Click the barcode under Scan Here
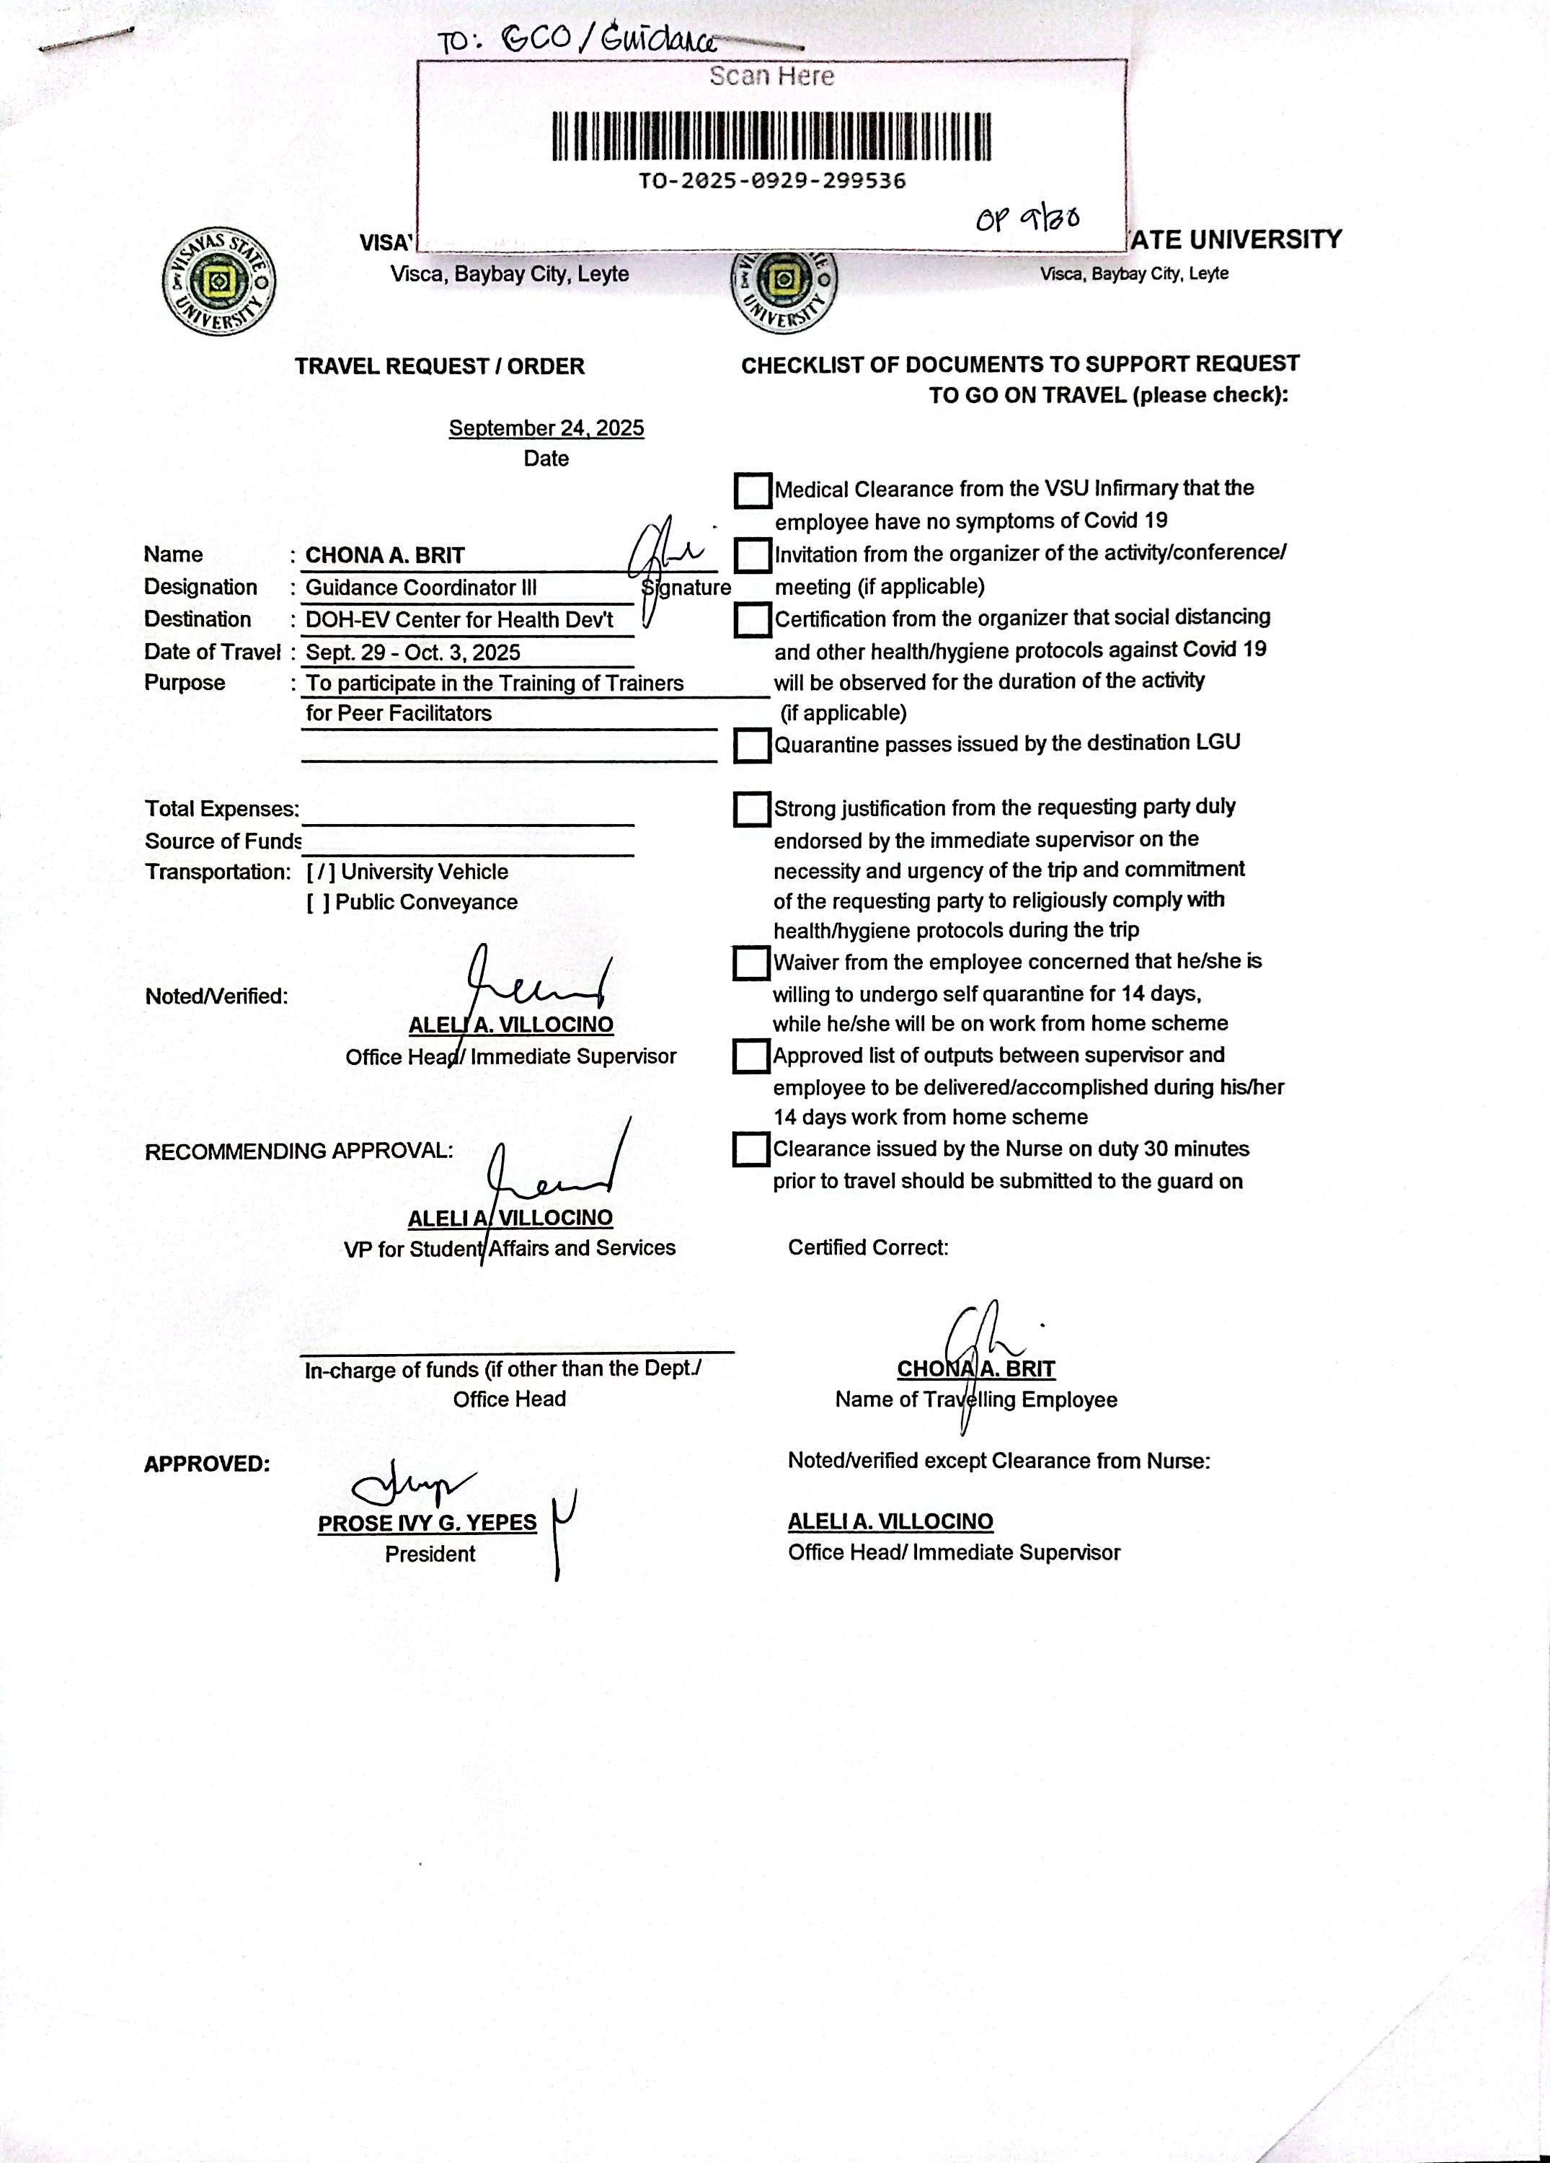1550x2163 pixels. click(x=771, y=136)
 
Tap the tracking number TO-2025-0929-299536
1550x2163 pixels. click(x=771, y=181)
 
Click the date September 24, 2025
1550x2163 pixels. click(x=546, y=428)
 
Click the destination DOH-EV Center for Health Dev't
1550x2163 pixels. click(x=459, y=620)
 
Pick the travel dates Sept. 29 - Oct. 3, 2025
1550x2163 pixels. click(x=413, y=653)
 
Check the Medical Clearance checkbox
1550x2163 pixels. click(x=753, y=491)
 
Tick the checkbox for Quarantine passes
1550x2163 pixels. click(x=752, y=746)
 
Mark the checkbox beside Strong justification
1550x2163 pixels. click(x=752, y=810)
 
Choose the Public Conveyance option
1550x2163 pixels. click(x=319, y=902)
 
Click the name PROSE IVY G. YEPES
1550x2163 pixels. click(x=428, y=1523)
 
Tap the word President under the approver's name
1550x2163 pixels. click(x=430, y=1554)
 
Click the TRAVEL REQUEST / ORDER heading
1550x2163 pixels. click(x=440, y=366)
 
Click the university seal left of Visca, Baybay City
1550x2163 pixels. click(x=219, y=281)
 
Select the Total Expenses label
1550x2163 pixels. click(x=221, y=810)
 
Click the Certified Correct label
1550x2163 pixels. click(x=868, y=1247)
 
